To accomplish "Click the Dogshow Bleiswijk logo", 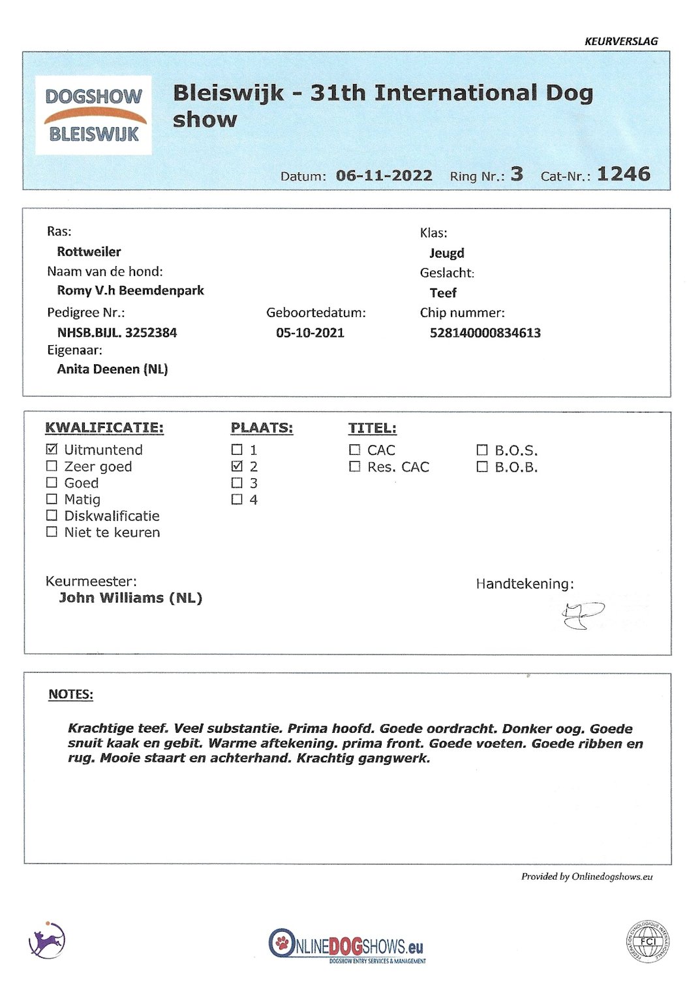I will pyautogui.click(x=93, y=115).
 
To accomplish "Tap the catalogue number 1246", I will pyautogui.click(x=623, y=174).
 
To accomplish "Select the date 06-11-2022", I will pyautogui.click(x=384, y=176).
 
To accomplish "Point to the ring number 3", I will pyautogui.click(x=517, y=174).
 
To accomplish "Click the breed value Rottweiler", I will pyautogui.click(x=89, y=252).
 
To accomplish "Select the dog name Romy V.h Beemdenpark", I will pyautogui.click(x=130, y=290).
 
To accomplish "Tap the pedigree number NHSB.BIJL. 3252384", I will pyautogui.click(x=117, y=333).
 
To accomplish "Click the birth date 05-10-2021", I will pyautogui.click(x=310, y=333).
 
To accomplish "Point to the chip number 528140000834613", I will pyautogui.click(x=485, y=333).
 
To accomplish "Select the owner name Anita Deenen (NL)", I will pyautogui.click(x=112, y=369).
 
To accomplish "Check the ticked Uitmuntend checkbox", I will pyautogui.click(x=52, y=450).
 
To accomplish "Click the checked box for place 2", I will pyautogui.click(x=237, y=467).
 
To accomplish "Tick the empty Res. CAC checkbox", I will pyautogui.click(x=354, y=467).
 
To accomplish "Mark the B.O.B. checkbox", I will pyautogui.click(x=481, y=467).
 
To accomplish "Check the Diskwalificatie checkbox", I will pyautogui.click(x=52, y=515).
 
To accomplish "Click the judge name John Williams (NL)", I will pyautogui.click(x=130, y=598).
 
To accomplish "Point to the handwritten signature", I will pyautogui.click(x=582, y=615).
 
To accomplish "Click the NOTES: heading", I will pyautogui.click(x=70, y=694).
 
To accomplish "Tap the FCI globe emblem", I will pyautogui.click(x=647, y=942).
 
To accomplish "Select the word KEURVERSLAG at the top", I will pyautogui.click(x=620, y=41).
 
